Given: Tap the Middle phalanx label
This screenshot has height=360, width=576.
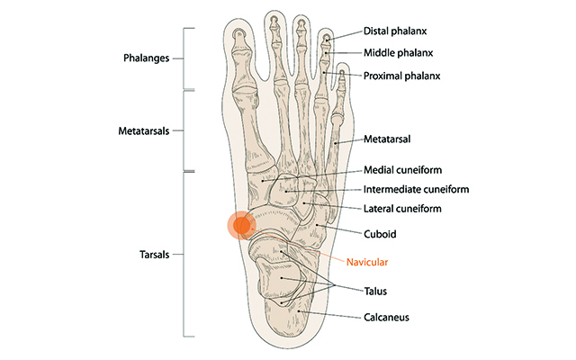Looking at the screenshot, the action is [394, 52].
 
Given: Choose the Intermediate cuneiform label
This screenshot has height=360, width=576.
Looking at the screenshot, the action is [417, 190].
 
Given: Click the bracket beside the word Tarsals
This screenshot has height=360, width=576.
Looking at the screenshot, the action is [187, 255].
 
